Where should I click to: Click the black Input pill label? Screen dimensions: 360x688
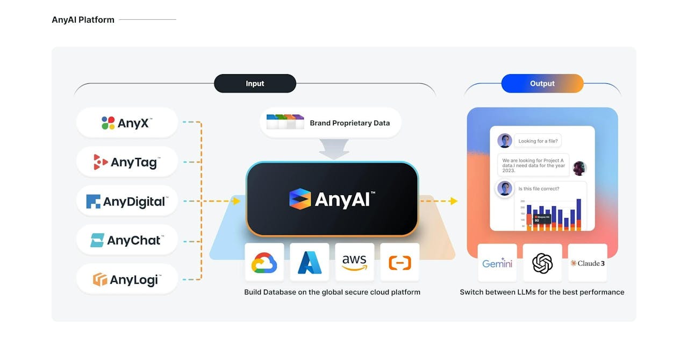[255, 83]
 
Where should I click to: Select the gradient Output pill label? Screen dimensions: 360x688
[542, 83]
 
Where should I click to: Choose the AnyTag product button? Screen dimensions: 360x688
[127, 162]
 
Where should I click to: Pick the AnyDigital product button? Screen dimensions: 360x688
[127, 201]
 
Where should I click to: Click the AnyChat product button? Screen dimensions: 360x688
[127, 240]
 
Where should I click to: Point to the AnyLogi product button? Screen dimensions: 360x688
[127, 279]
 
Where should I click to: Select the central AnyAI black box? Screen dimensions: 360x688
[332, 199]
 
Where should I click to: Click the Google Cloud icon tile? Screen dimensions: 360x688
[264, 262]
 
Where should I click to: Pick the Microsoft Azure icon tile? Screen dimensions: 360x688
[310, 262]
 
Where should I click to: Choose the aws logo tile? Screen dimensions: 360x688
[355, 262]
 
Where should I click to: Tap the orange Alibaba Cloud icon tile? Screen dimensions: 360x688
[400, 262]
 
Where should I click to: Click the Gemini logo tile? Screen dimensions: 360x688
[497, 263]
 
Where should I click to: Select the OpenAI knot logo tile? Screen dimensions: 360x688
[542, 263]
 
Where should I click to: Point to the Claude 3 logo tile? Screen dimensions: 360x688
[587, 263]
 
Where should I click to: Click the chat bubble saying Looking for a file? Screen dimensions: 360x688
[538, 141]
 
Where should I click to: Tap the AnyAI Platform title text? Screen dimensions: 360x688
[83, 20]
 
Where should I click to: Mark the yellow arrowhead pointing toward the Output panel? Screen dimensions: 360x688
[454, 201]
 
